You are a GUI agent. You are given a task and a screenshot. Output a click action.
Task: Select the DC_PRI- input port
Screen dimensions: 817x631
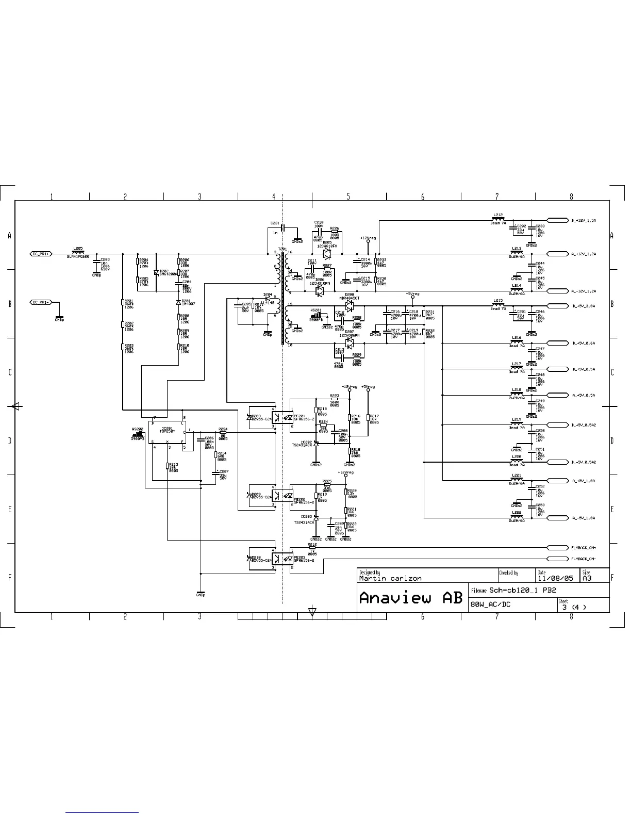[x=41, y=302]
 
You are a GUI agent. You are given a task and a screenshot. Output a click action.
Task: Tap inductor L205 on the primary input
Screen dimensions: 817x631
[x=78, y=253]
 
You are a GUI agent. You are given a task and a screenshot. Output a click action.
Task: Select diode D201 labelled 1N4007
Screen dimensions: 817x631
[x=178, y=302]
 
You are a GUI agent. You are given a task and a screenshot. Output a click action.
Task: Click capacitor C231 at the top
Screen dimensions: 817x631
[x=282, y=227]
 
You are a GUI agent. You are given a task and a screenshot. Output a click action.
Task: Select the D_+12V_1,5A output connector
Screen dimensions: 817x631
[x=557, y=220]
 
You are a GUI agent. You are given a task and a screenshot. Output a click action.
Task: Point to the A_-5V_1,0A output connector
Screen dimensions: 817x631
[x=557, y=518]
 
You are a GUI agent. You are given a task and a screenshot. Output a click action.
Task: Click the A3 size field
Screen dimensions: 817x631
[x=587, y=578]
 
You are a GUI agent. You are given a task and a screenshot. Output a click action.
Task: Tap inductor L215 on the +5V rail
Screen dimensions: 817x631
[x=497, y=305]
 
